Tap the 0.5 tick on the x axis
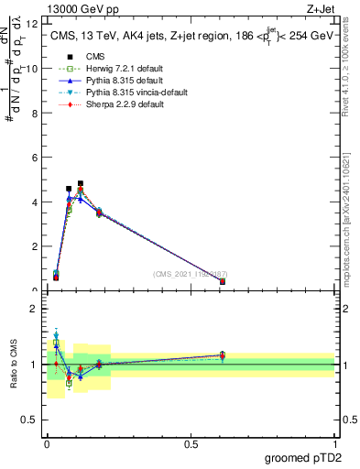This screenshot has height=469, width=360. pos(191,444)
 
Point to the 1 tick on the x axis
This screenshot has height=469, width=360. pos(335,444)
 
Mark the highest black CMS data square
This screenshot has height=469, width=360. pos(81,183)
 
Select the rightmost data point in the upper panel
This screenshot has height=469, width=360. pos(223,282)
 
